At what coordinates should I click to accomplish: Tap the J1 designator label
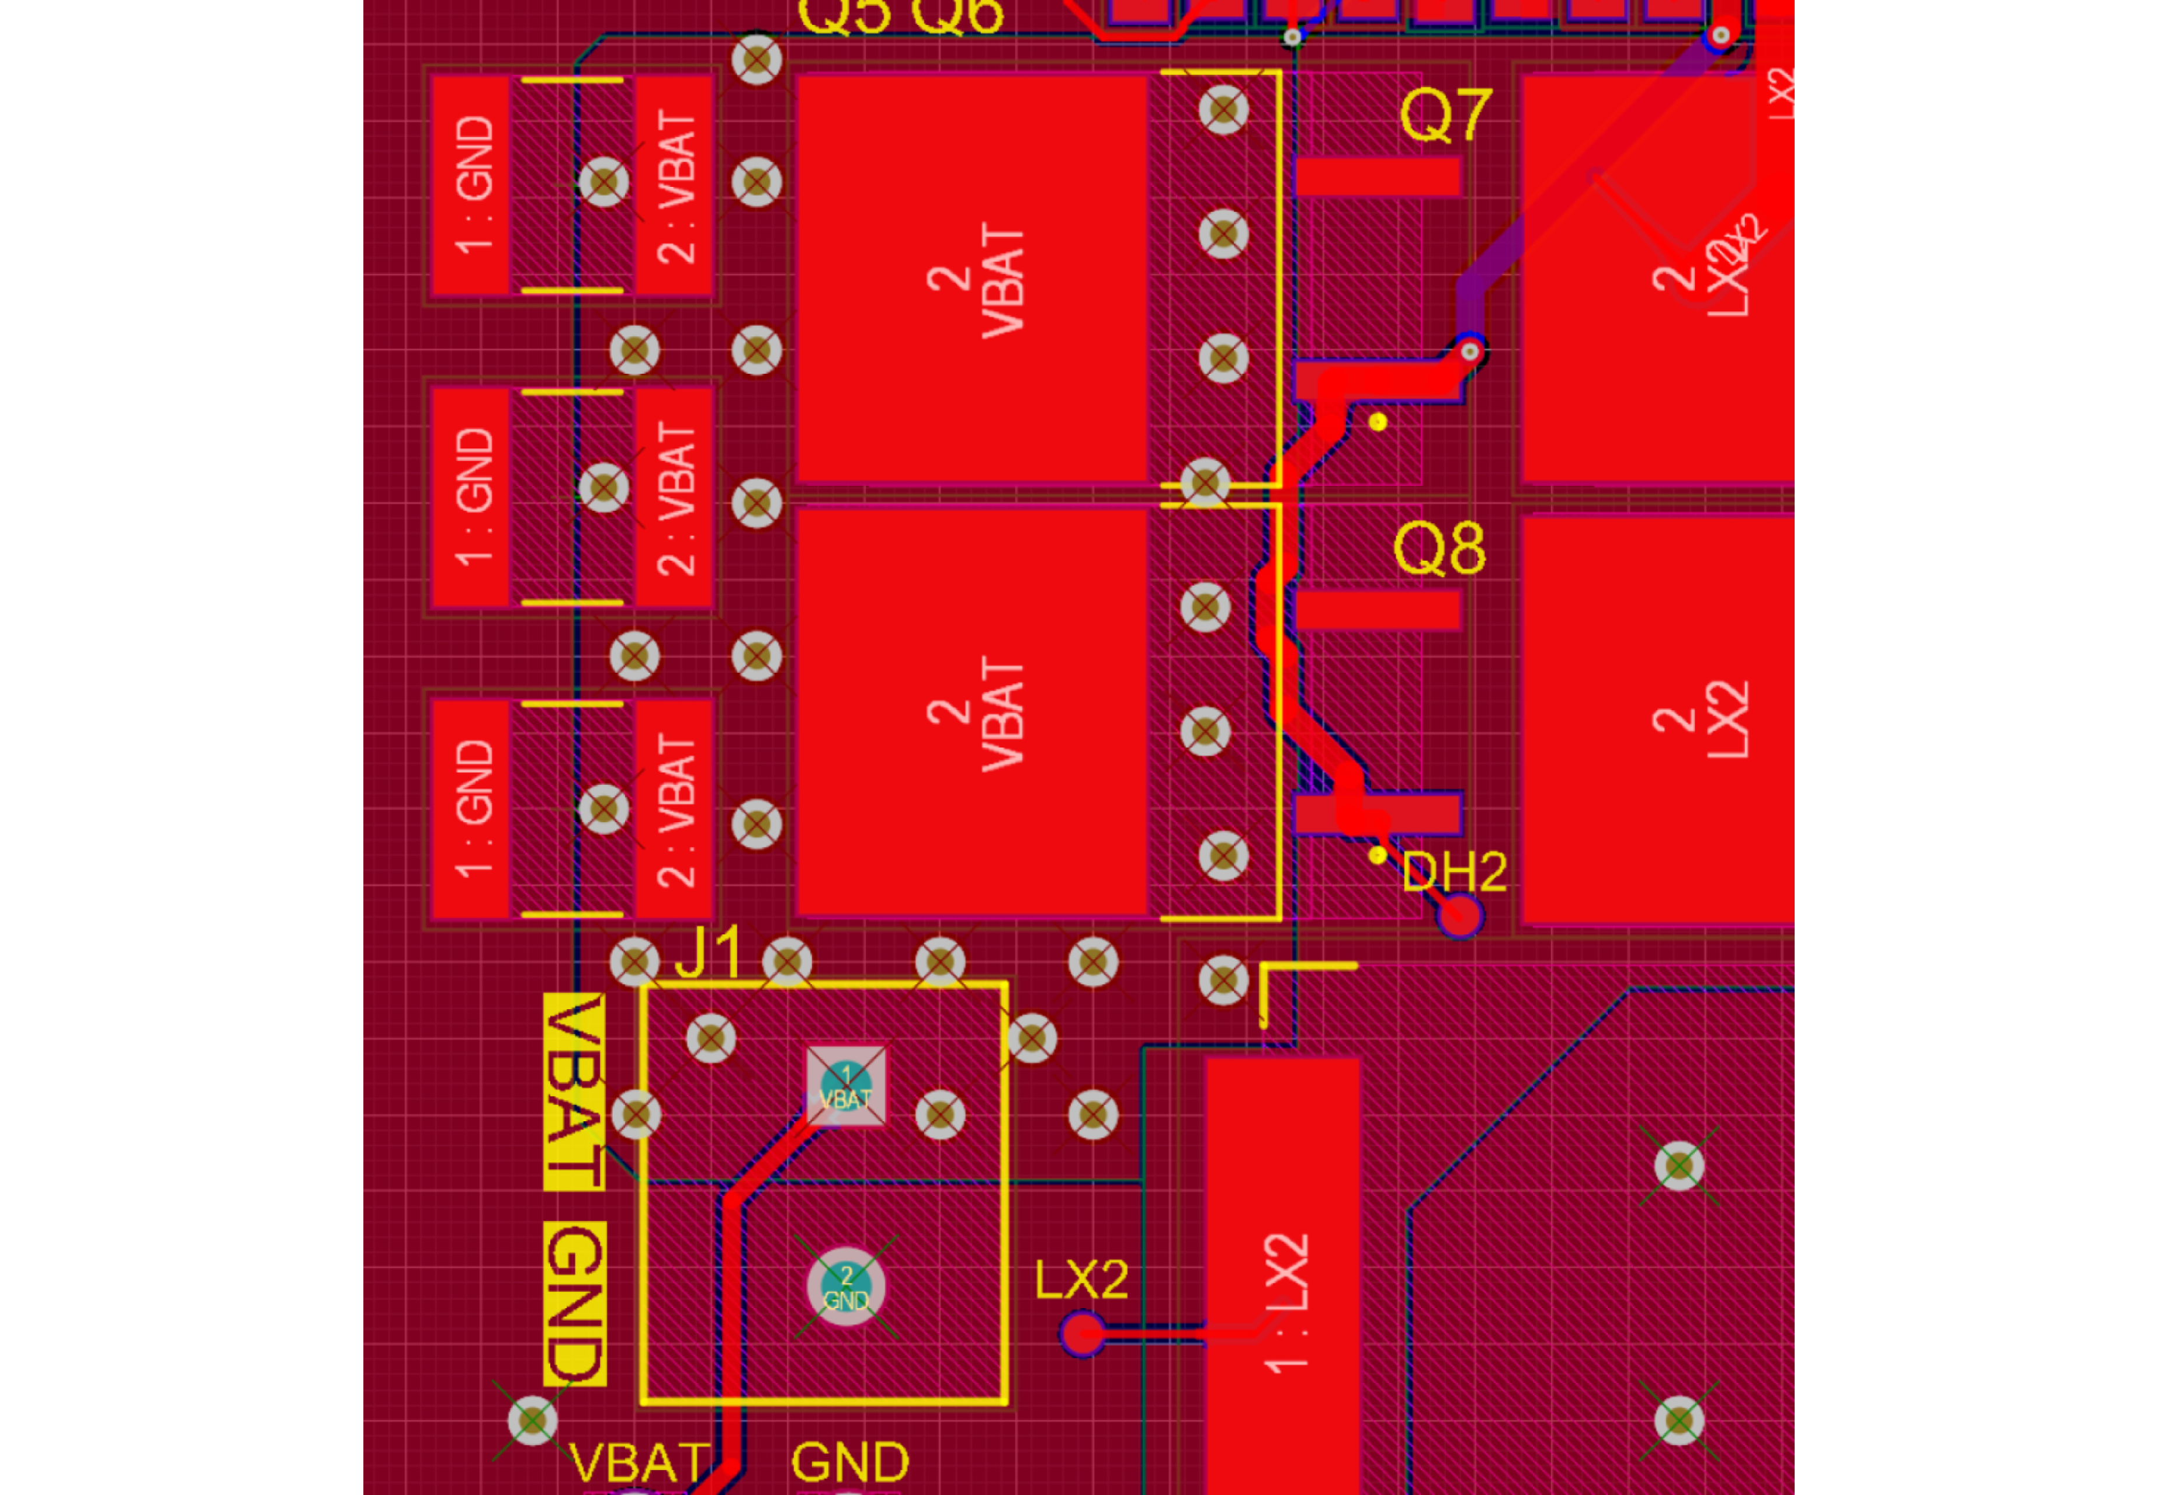click(x=709, y=952)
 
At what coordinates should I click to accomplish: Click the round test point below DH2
click(x=1459, y=916)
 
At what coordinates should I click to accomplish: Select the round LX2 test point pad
click(x=1083, y=1333)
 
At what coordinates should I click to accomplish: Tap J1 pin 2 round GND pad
click(x=846, y=1286)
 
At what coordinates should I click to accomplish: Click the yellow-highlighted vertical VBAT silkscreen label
click(x=574, y=1091)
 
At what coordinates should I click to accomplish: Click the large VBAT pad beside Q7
click(x=972, y=279)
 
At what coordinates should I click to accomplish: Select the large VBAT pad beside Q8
click(x=972, y=712)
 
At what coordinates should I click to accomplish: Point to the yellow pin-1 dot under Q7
click(x=1378, y=422)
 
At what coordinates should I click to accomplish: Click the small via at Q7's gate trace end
click(x=1470, y=352)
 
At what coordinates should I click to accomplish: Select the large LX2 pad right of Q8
click(x=1657, y=719)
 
